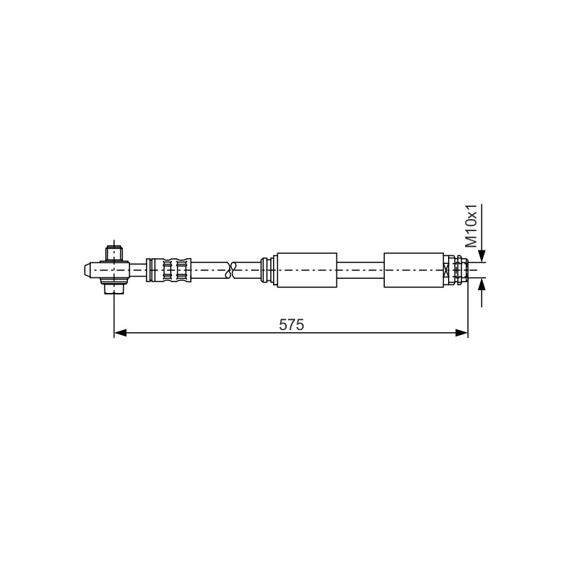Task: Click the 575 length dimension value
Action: click(292, 325)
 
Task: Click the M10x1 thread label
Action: click(472, 225)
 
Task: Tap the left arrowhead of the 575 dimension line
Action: click(120, 333)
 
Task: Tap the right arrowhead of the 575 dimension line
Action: click(462, 333)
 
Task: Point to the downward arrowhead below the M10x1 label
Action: click(482, 255)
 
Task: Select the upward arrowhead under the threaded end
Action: click(482, 284)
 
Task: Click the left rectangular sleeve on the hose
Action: click(307, 270)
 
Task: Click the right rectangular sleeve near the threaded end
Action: click(414, 270)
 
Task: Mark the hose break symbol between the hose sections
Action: click(230, 270)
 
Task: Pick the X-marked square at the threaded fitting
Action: click(447, 270)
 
